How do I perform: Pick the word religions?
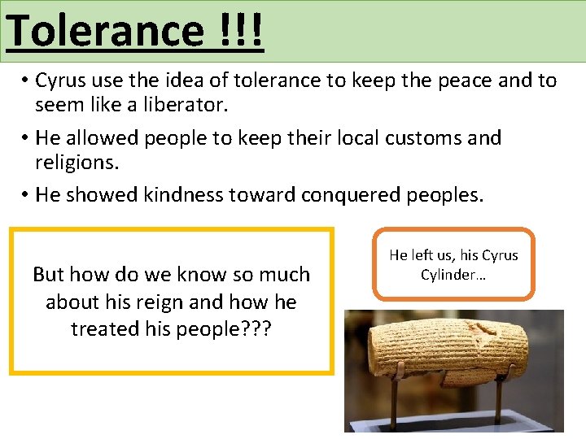point(77,163)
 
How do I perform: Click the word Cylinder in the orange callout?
point(448,275)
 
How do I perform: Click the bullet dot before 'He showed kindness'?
point(27,195)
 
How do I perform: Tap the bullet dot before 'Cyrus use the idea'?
point(27,80)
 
